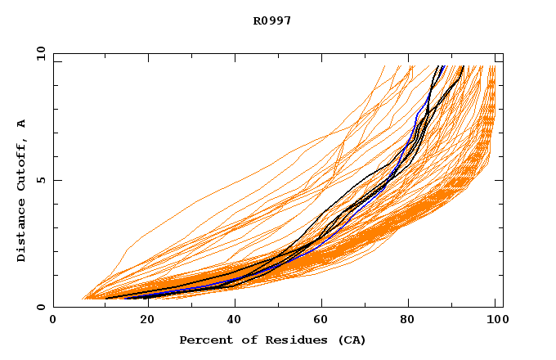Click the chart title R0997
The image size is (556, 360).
(272, 20)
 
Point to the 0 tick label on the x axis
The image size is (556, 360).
(53, 322)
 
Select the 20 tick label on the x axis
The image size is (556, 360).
(143, 322)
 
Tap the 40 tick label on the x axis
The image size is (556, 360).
(233, 322)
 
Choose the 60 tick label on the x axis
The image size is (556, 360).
(323, 322)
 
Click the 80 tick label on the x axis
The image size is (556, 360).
(413, 322)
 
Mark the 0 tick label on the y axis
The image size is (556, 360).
(40, 307)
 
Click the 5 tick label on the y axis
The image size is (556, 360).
(40, 180)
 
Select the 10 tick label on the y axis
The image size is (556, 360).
(40, 53)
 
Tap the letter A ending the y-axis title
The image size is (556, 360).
(21, 124)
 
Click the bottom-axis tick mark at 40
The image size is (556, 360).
(233, 304)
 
